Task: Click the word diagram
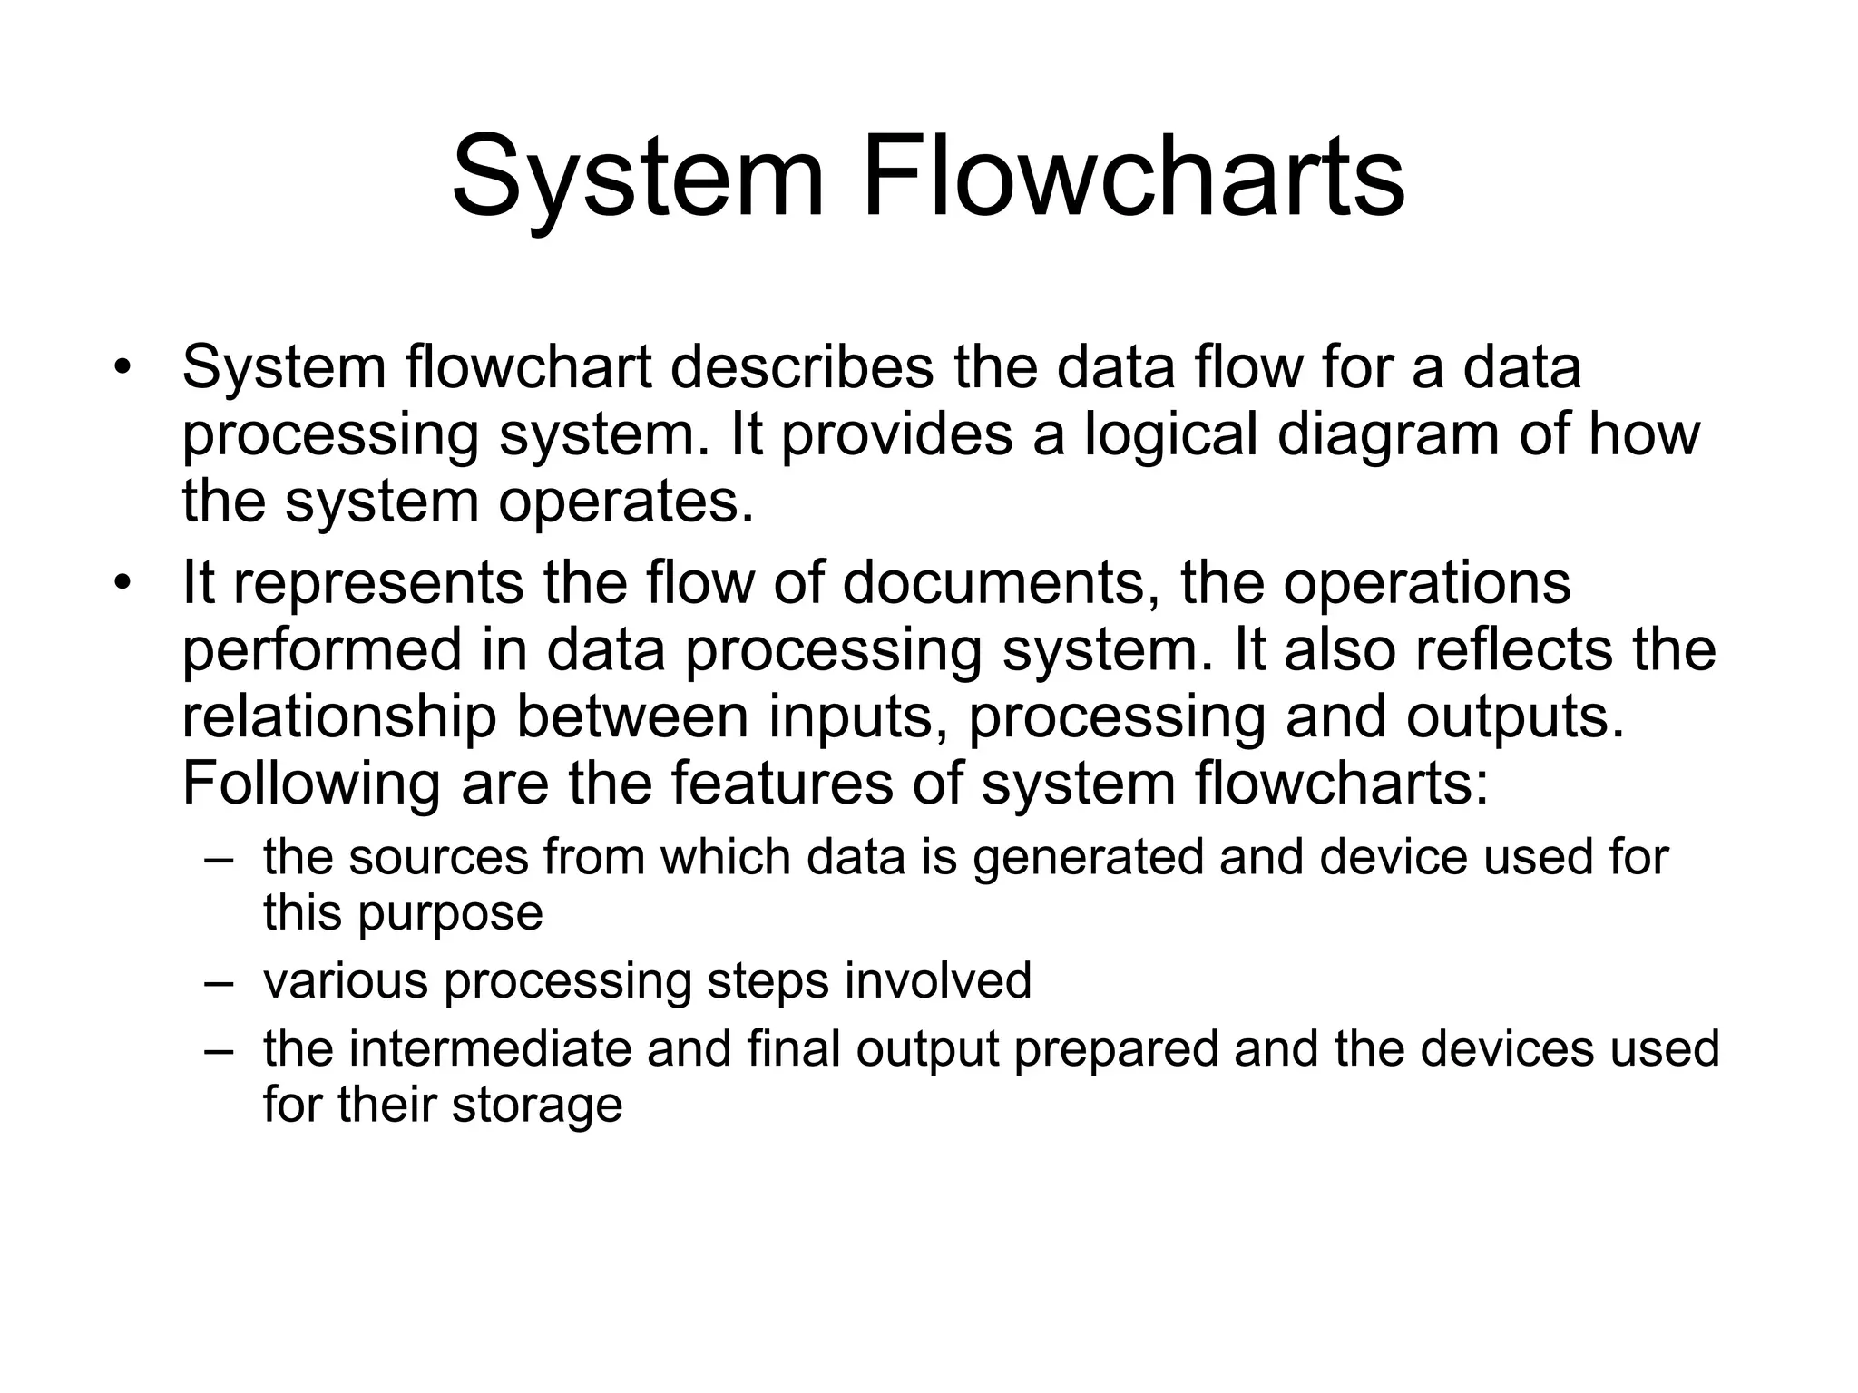[1390, 437]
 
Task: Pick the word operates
[626, 503]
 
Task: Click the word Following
[311, 784]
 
